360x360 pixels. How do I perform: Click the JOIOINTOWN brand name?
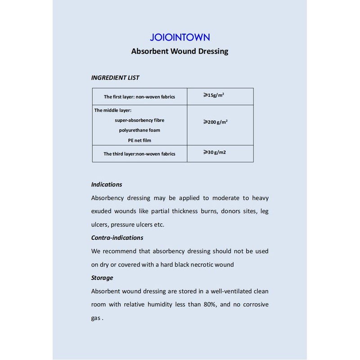pos(180,37)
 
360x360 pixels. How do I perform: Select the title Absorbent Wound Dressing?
pos(180,51)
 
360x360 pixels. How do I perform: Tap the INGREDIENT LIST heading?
pos(115,78)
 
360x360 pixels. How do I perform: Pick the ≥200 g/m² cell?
pos(215,122)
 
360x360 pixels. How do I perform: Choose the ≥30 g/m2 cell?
pos(215,153)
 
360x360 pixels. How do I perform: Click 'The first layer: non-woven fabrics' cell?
pos(139,97)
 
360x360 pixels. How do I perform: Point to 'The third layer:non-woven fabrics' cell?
pos(139,154)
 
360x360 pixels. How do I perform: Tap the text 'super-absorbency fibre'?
pos(139,120)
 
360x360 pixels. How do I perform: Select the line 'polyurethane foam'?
pos(139,130)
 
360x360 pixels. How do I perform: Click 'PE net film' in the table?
pos(139,140)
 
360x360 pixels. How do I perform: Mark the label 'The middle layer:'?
pos(112,110)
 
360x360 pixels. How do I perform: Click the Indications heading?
pos(107,184)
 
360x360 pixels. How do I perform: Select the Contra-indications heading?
pos(117,238)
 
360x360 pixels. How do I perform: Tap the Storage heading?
pos(102,278)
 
